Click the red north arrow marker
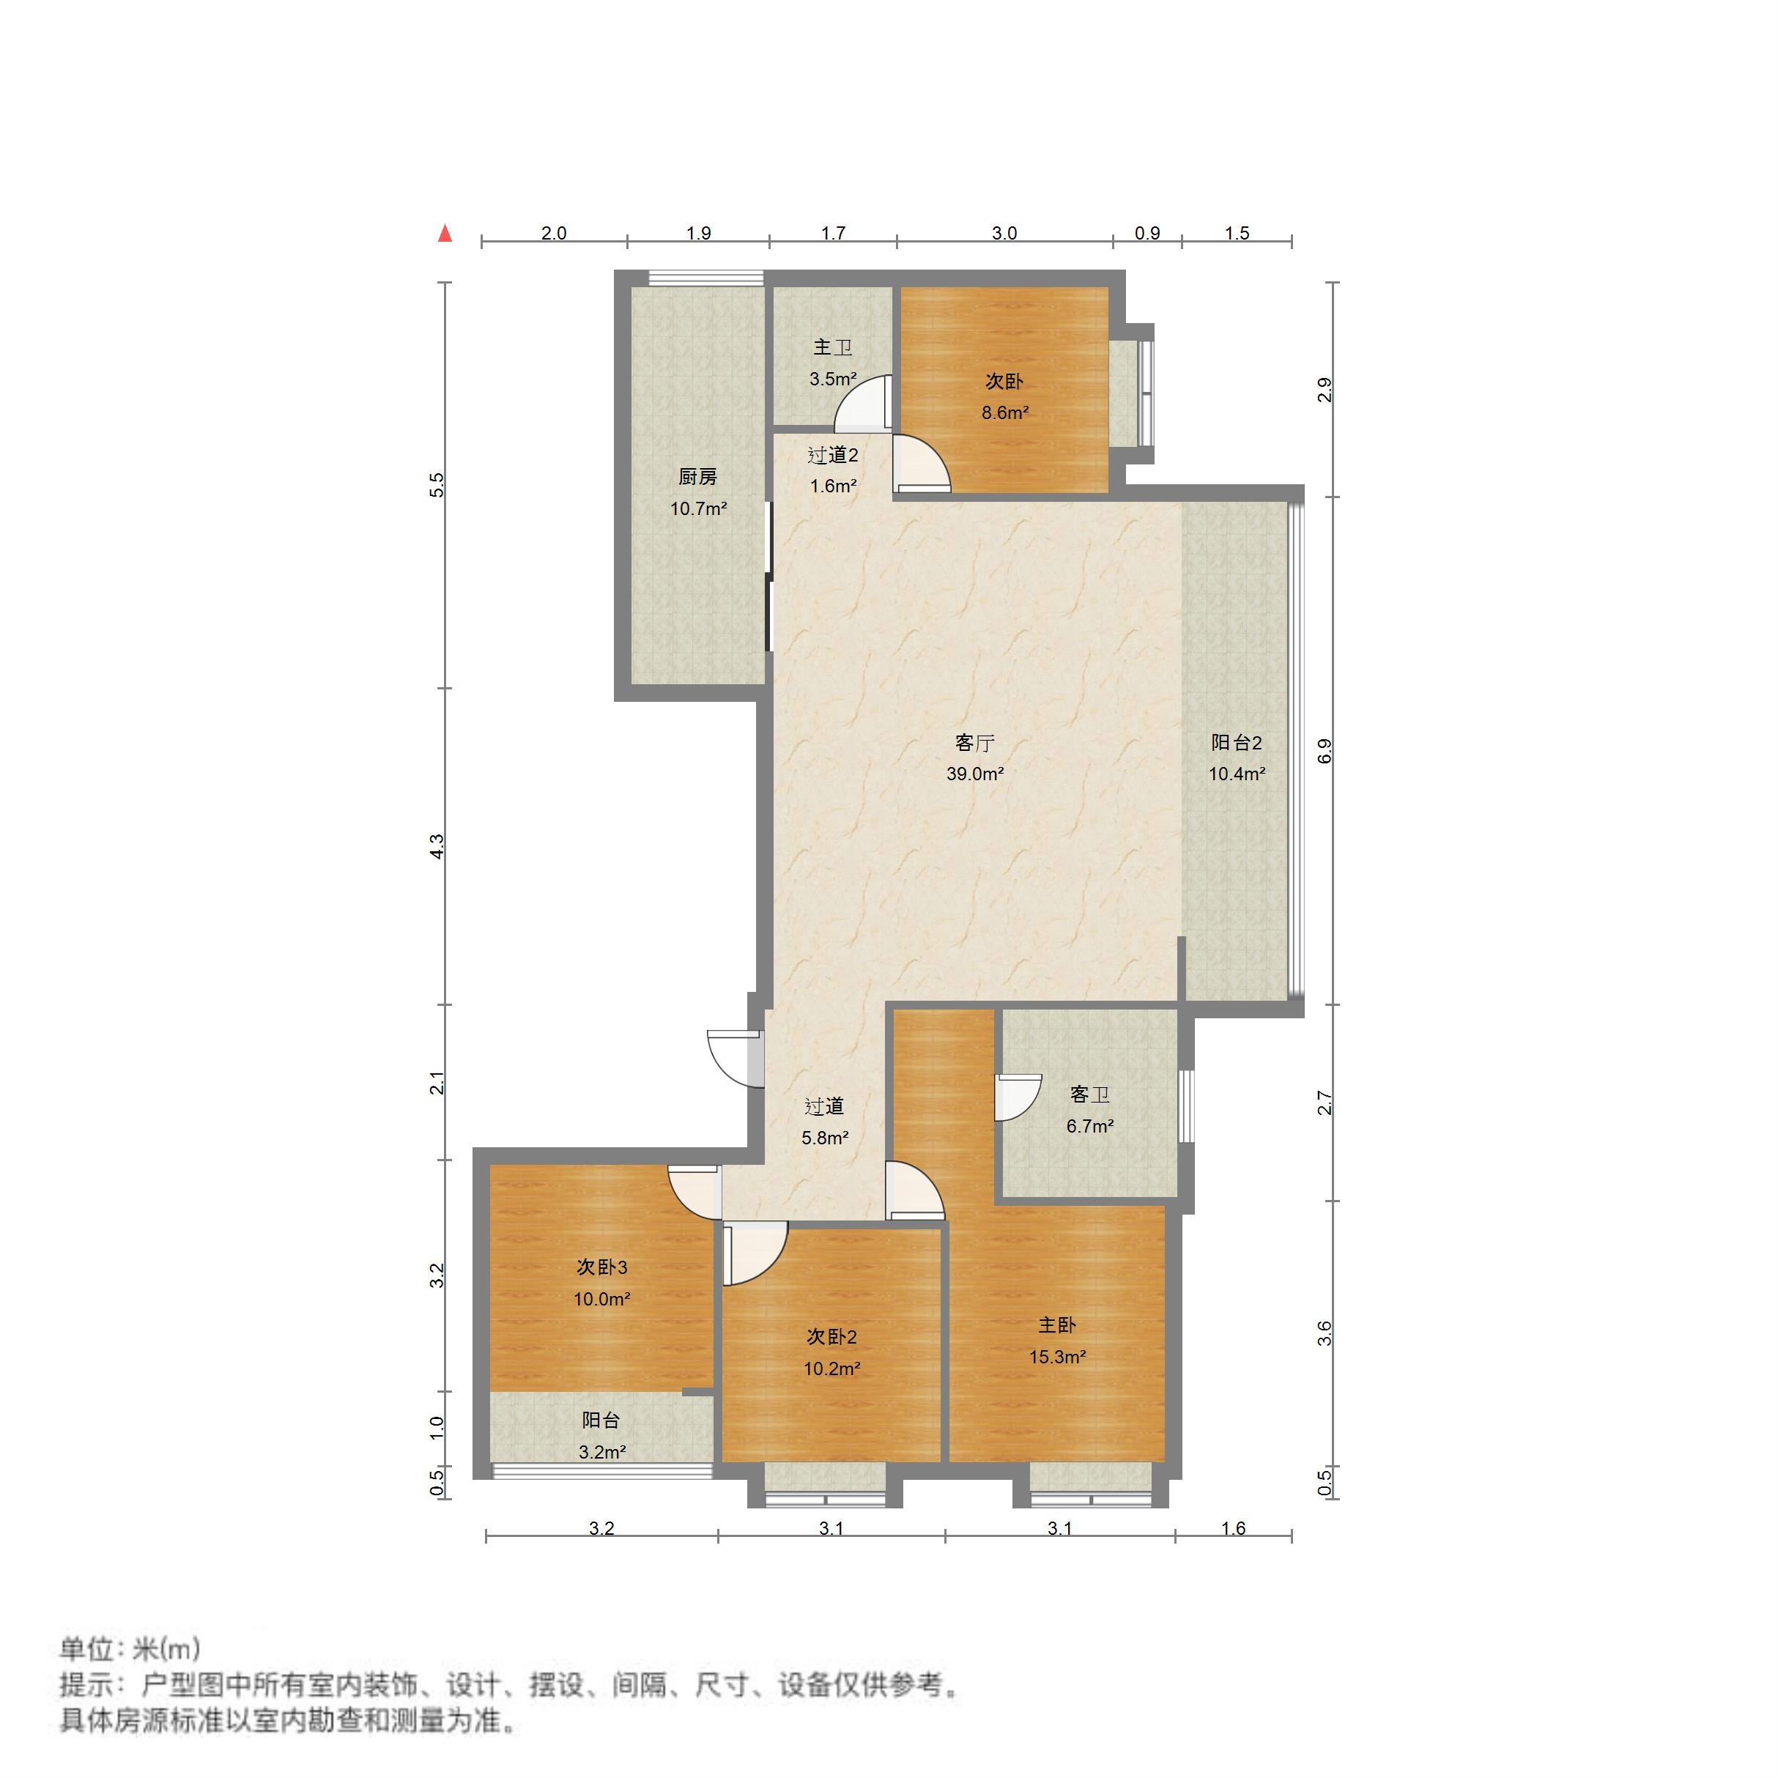(x=445, y=233)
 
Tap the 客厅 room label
(x=974, y=743)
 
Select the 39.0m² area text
(x=974, y=774)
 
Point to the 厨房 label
(x=697, y=477)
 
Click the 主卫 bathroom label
(x=832, y=348)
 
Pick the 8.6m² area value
(x=1004, y=413)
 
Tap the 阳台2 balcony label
(x=1236, y=743)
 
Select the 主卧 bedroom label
(x=1056, y=1325)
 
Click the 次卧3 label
(x=602, y=1267)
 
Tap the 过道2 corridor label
(x=832, y=455)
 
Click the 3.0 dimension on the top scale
(x=1004, y=233)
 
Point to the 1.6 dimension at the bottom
(x=1233, y=1529)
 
